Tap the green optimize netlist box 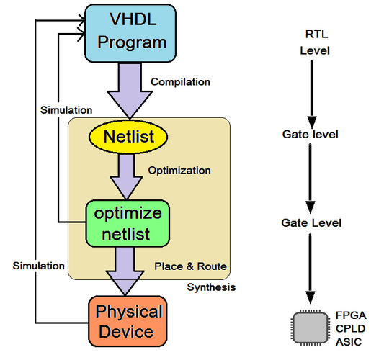(127, 222)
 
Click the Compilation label (180, 82)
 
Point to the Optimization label (179, 171)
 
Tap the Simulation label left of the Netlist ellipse (65, 110)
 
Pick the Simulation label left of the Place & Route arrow (38, 266)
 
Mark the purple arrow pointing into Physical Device (127, 271)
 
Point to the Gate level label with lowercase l (310, 134)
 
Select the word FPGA (351, 315)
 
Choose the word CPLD (351, 328)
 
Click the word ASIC (349, 342)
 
